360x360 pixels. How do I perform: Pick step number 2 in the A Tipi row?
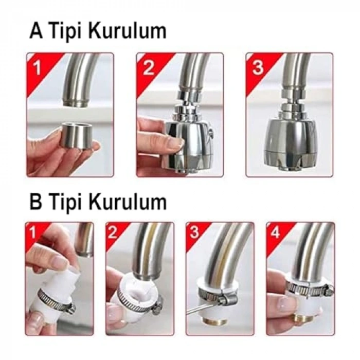149,67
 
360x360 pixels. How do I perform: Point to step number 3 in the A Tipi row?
258,67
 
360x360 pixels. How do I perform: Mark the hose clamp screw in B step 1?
69,308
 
